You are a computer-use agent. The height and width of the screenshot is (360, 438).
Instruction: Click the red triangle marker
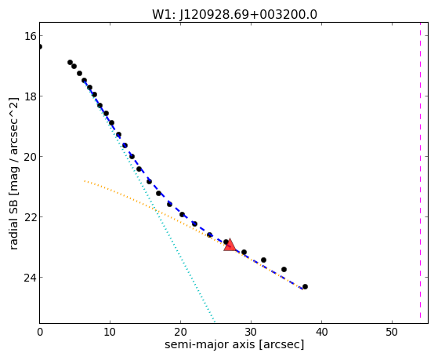pyautogui.click(x=230, y=245)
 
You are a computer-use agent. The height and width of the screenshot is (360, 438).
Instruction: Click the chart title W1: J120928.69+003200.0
pyautogui.click(x=234, y=15)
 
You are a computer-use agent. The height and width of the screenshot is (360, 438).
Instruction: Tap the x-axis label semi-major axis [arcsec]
pyautogui.click(x=234, y=344)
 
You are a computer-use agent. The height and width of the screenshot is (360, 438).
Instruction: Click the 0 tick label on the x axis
pyautogui.click(x=40, y=332)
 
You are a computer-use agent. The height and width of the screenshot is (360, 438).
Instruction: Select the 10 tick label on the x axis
pyautogui.click(x=110, y=332)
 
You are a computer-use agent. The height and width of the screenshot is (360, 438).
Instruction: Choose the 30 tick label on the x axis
pyautogui.click(x=251, y=332)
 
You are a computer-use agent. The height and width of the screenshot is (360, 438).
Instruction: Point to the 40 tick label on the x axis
pyautogui.click(x=321, y=332)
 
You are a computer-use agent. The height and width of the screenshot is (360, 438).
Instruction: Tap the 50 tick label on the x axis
pyautogui.click(x=392, y=332)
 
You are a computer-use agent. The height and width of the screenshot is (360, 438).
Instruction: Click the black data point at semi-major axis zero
pyautogui.click(x=40, y=46)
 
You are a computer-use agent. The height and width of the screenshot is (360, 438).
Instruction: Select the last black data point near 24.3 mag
pyautogui.click(x=305, y=287)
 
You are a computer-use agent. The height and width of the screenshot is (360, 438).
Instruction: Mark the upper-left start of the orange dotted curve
pyautogui.click(x=85, y=181)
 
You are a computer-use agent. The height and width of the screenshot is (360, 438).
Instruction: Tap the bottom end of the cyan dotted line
pyautogui.click(x=214, y=322)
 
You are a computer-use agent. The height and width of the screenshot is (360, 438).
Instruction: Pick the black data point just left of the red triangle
pyautogui.click(x=226, y=242)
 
